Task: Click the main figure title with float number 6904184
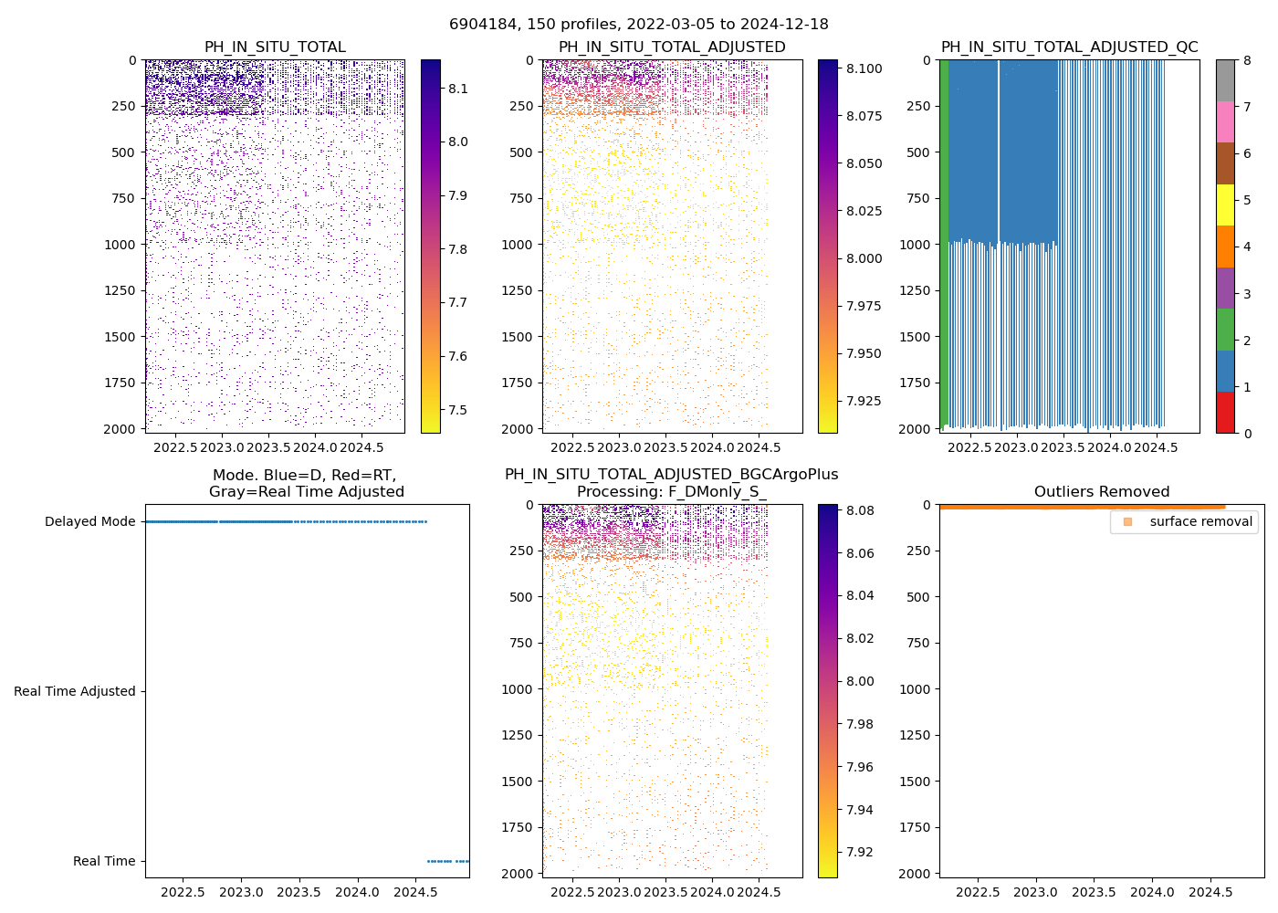pyautogui.click(x=638, y=25)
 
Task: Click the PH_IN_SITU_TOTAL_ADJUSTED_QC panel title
pyautogui.click(x=1069, y=47)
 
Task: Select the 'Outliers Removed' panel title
pyautogui.click(x=1101, y=492)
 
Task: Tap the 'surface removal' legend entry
pyautogui.click(x=1200, y=521)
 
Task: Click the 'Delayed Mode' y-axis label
pyautogui.click(x=89, y=522)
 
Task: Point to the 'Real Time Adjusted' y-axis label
pyautogui.click(x=74, y=692)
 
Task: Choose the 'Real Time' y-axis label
pyautogui.click(x=104, y=862)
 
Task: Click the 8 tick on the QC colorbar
pyautogui.click(x=1247, y=61)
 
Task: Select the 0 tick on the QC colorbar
pyautogui.click(x=1247, y=433)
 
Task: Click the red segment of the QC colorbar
pyautogui.click(x=1225, y=412)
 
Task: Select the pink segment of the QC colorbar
pyautogui.click(x=1225, y=122)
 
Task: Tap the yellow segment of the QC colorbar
pyautogui.click(x=1225, y=205)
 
